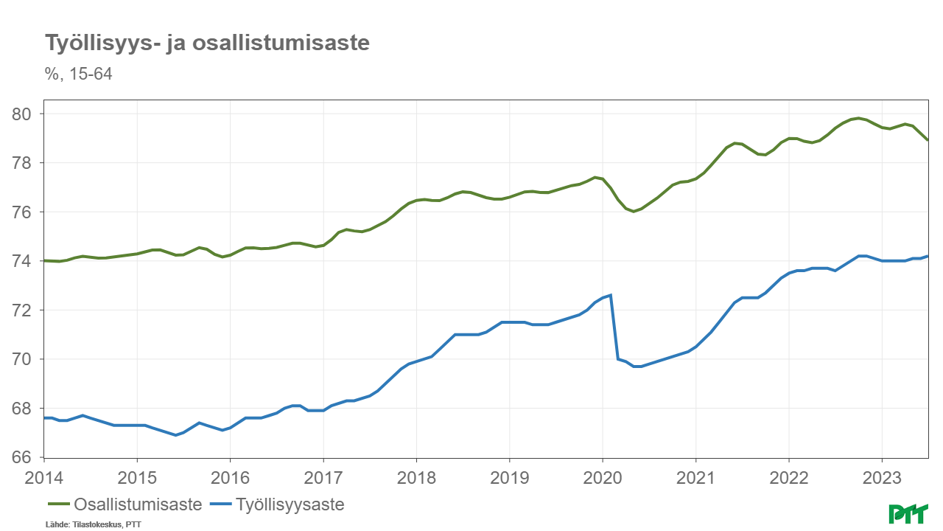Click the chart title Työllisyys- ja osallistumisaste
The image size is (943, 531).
click(207, 44)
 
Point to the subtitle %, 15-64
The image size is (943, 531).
click(79, 74)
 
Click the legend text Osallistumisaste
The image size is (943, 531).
click(138, 505)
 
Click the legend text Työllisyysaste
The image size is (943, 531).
click(290, 505)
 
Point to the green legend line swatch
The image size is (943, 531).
click(58, 505)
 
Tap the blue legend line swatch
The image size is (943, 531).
click(221, 505)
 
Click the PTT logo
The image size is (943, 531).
click(909, 513)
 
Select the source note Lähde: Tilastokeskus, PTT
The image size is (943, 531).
click(93, 524)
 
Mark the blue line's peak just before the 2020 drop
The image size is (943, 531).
click(611, 295)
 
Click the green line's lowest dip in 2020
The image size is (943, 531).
click(634, 212)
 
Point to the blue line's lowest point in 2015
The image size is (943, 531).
click(176, 435)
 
